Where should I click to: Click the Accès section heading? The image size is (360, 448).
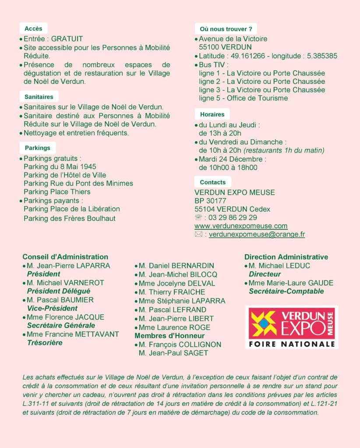[x=33, y=28]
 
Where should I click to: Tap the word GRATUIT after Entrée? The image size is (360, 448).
[x=67, y=39]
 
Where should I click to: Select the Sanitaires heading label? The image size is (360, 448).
[x=39, y=97]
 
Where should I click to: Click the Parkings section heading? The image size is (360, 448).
[x=37, y=148]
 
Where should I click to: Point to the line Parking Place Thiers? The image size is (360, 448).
[x=57, y=192]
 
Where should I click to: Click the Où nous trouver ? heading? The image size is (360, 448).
[x=226, y=29]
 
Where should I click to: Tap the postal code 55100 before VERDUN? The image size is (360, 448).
[x=209, y=47]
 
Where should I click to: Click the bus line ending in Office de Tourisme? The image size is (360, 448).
[x=244, y=98]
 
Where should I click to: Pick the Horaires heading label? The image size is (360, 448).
[x=212, y=114]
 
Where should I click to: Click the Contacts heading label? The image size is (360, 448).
[x=212, y=182]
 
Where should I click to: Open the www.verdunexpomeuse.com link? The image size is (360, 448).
[x=241, y=226]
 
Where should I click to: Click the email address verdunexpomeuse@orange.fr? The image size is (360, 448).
[x=257, y=234]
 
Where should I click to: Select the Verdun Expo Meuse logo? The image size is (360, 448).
[x=292, y=327]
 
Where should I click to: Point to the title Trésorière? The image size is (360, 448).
[x=45, y=343]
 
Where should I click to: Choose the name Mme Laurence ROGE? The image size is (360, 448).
[x=174, y=327]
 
